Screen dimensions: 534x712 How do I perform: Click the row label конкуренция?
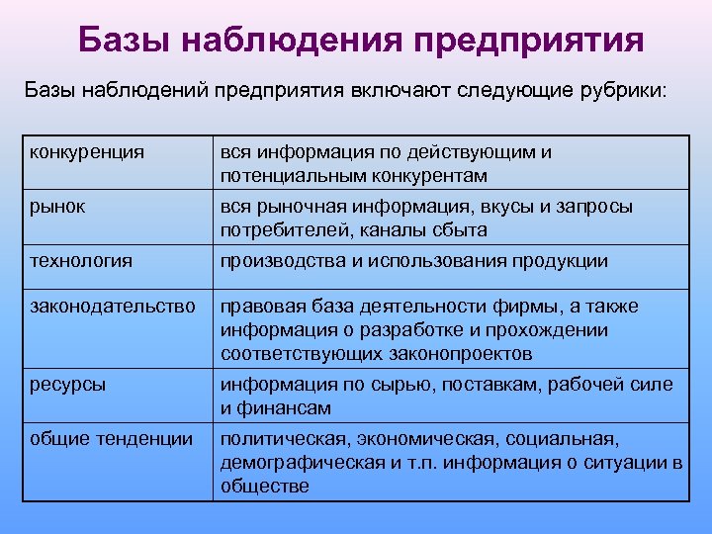[x=87, y=152]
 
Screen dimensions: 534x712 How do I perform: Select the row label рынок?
[x=57, y=207]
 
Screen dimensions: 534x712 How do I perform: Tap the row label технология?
[x=81, y=261]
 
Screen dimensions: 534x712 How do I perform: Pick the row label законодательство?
[x=111, y=307]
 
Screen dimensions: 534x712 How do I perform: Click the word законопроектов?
[x=462, y=354]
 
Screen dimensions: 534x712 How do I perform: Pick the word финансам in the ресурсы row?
[x=291, y=408]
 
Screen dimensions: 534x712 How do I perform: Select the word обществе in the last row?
[x=264, y=487]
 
